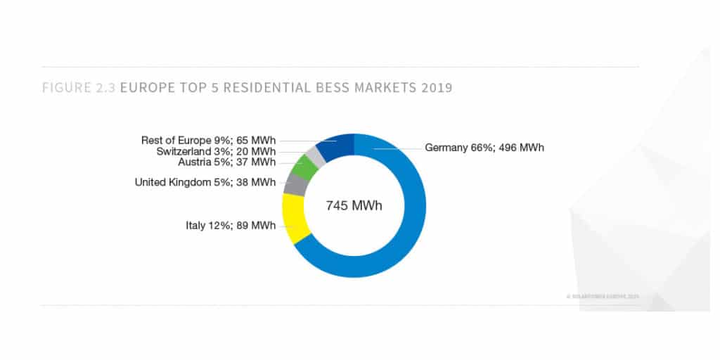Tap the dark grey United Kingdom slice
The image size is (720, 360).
coord(294,184)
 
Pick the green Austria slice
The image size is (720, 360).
coord(304,167)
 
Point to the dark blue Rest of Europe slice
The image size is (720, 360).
coord(336,146)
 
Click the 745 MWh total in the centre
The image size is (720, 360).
coord(354,206)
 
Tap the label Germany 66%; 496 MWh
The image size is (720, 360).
coord(484,148)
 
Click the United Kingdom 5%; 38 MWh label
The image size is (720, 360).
coord(205,183)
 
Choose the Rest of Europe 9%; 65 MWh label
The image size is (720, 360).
coord(209,141)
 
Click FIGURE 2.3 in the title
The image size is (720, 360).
coord(79,89)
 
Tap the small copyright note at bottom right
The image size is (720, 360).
coord(603,297)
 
